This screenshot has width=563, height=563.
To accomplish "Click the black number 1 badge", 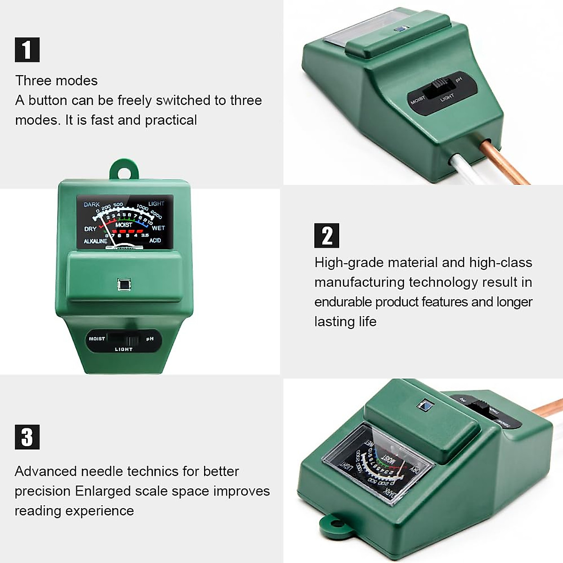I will point(27,50).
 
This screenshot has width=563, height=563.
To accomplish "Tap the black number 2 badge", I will point(327,236).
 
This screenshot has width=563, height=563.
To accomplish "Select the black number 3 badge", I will point(27,437).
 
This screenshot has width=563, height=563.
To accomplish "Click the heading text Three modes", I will point(56,81).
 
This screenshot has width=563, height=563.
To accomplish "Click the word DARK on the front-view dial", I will point(91,205).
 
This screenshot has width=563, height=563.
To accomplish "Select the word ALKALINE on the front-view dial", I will point(95,241).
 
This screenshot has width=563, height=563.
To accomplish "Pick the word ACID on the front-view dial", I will point(155,240).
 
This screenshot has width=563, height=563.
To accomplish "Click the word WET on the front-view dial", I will point(158,228).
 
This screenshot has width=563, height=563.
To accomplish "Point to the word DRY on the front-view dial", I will point(90,229).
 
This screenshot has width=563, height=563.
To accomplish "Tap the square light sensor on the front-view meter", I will point(124,284).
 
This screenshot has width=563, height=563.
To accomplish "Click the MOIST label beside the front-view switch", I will point(97,339).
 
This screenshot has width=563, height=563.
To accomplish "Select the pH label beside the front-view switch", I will point(150,339).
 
